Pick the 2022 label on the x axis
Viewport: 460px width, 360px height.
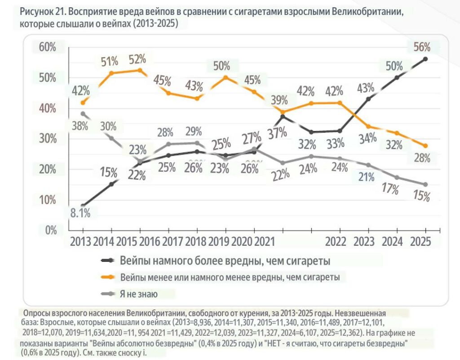(336, 241)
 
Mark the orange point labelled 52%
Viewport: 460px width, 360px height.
(140, 70)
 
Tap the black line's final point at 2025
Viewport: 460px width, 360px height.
(425, 59)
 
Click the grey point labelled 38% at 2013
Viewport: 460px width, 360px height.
(83, 113)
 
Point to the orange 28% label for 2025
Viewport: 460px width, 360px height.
(422, 158)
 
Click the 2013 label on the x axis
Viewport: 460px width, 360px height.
(80, 241)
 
